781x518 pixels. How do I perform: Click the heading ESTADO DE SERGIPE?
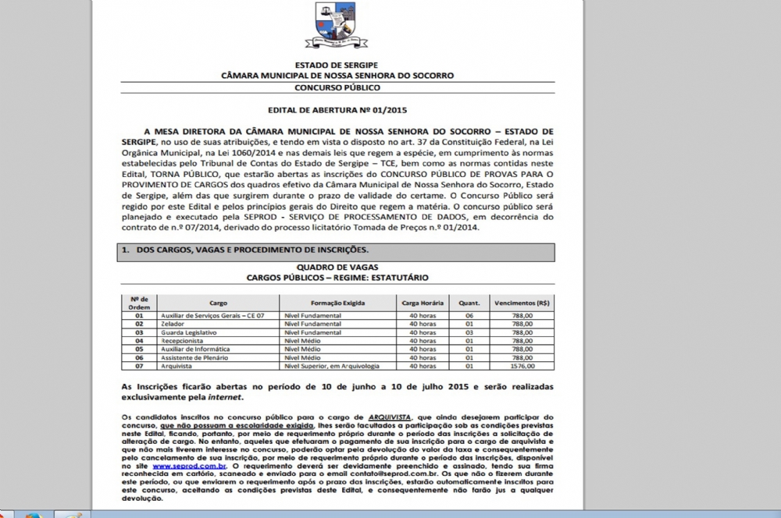point(338,66)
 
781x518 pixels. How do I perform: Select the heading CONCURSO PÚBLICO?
point(338,87)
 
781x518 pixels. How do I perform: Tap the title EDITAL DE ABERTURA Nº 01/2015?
point(338,111)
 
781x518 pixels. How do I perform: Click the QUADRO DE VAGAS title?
point(337,268)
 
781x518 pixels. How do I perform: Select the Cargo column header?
point(219,302)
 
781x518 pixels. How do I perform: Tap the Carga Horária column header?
point(423,302)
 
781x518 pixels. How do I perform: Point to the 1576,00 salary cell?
point(519,366)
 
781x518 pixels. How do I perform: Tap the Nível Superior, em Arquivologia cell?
point(333,366)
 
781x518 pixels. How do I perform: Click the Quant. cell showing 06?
point(469,314)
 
